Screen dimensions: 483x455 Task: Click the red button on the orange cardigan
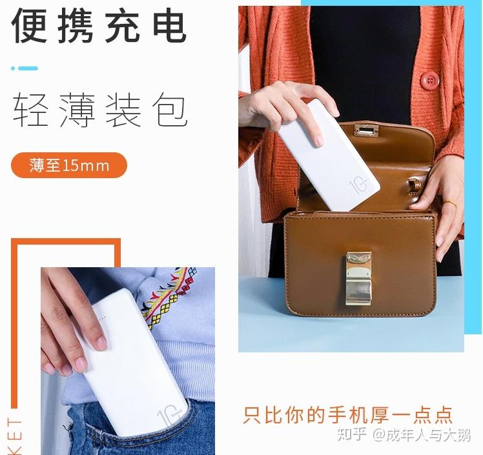coord(429,81)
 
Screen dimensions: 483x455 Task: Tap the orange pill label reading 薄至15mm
coord(69,165)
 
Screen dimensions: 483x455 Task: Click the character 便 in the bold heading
coord(30,25)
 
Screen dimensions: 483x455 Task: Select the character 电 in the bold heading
coord(170,25)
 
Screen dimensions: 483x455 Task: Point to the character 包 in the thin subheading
coord(170,110)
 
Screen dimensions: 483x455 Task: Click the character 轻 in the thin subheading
coord(30,110)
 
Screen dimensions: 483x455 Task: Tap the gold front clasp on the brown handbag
coord(358,279)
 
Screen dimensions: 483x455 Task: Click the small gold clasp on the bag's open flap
coord(366,131)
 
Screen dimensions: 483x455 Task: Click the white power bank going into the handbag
coord(329,155)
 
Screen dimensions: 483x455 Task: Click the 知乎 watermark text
coord(352,435)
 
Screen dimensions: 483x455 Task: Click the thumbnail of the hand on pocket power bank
coord(128,361)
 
